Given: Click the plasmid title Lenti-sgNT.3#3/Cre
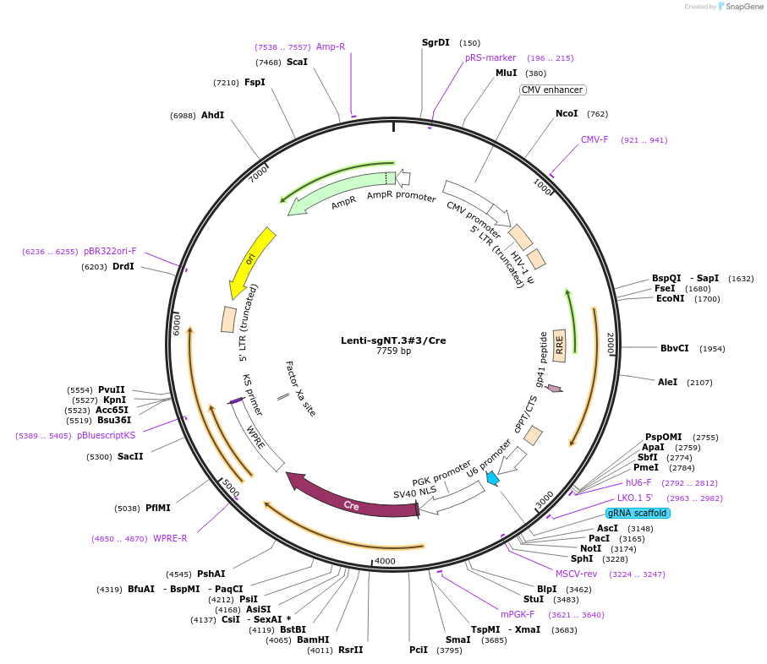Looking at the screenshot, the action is [x=393, y=340].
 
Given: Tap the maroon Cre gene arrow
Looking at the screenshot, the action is [x=351, y=500].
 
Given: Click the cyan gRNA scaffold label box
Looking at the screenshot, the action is [x=637, y=513].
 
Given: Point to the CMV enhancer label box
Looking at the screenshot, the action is [x=551, y=90].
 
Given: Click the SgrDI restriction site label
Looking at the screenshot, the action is [x=436, y=42].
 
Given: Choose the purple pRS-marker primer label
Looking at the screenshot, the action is [x=490, y=57].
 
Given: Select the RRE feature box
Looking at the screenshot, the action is [x=559, y=346].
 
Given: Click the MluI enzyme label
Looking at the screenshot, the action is [x=507, y=73].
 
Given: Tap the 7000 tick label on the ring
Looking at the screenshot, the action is [x=259, y=173].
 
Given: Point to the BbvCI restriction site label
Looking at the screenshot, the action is [x=675, y=348].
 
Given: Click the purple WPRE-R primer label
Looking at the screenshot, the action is [x=170, y=538].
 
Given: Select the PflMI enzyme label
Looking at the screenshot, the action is [x=157, y=508].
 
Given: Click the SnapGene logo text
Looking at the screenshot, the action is [x=742, y=7].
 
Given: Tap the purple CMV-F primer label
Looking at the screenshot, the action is [x=594, y=139].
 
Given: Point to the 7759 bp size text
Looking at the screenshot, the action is [x=393, y=351].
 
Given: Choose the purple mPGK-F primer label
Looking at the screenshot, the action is [x=518, y=614].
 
